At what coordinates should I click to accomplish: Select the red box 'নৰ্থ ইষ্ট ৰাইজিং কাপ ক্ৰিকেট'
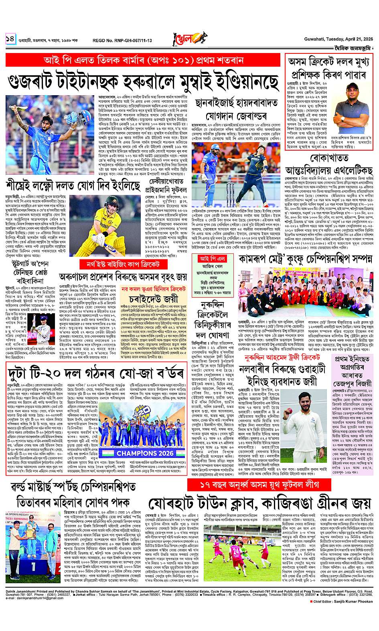point(126,264)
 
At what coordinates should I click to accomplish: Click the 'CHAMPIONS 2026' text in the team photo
point(137,452)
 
